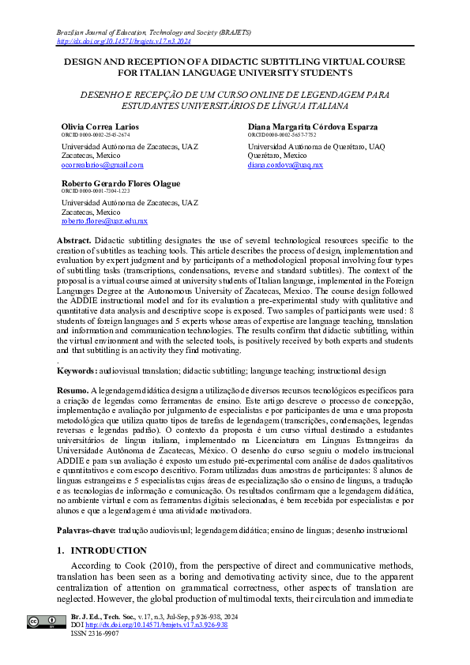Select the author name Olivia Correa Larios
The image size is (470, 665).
coord(100,127)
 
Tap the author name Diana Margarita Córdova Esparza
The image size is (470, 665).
coord(313,127)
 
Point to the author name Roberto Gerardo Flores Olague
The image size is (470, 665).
coord(120,184)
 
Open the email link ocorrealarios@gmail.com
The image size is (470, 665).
coord(102,165)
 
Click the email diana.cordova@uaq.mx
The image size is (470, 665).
coord(285,165)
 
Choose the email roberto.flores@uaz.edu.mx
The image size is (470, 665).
coord(104,222)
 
